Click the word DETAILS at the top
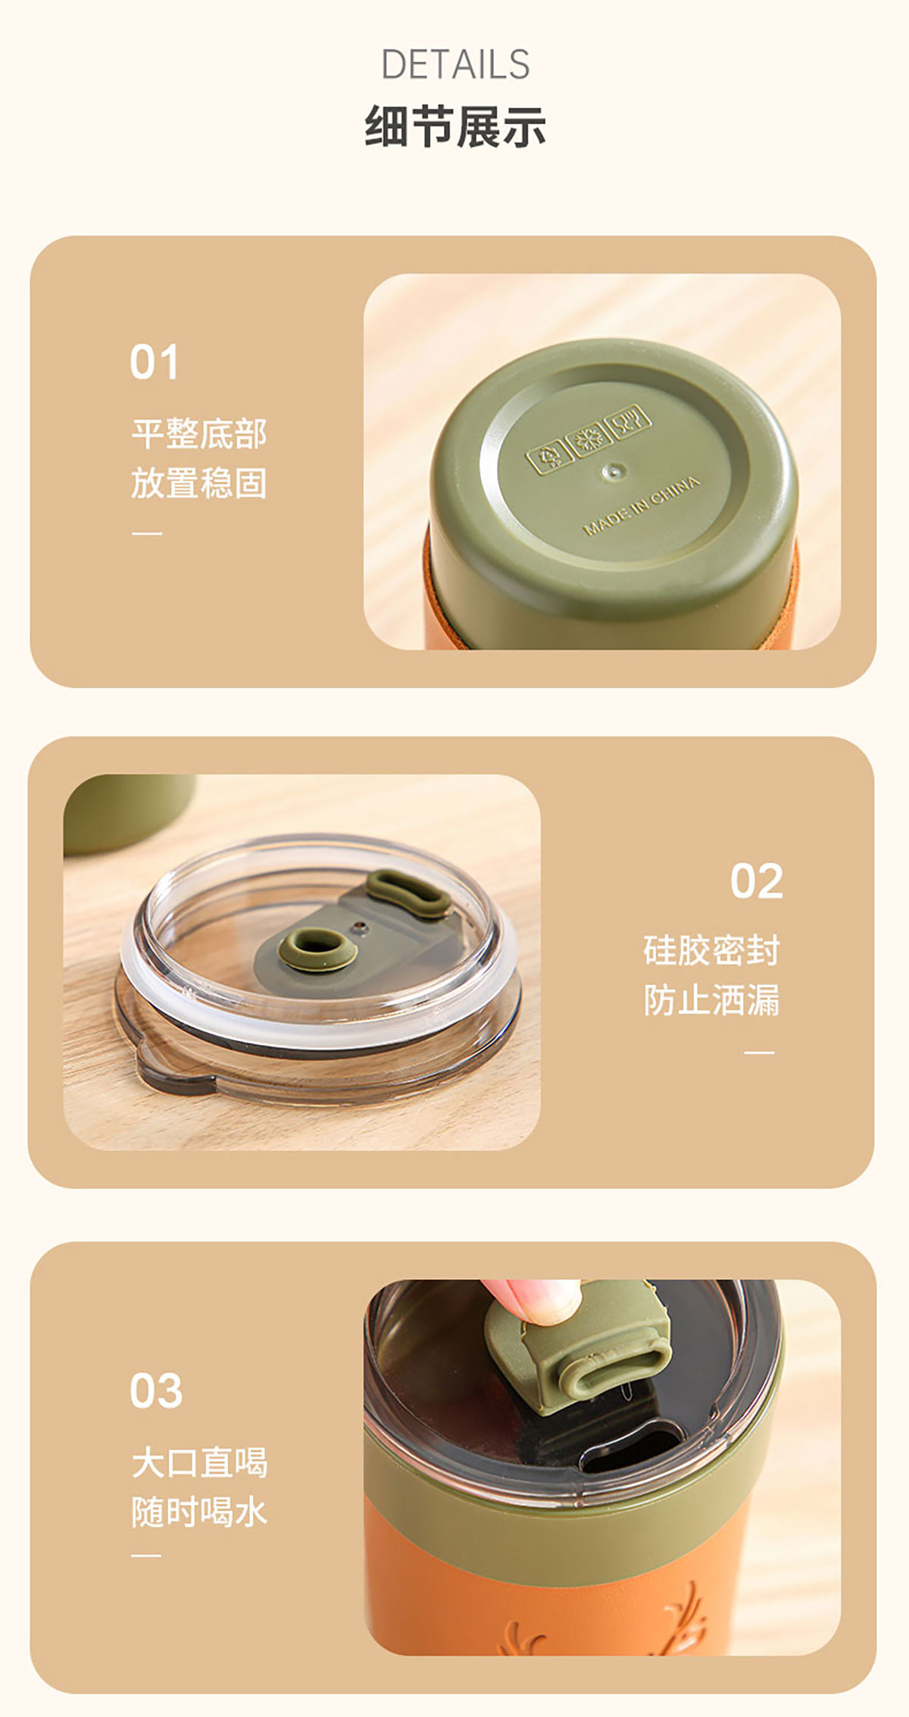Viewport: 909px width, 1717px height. tap(454, 64)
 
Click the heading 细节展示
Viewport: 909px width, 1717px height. tap(454, 126)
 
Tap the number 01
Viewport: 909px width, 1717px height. tap(154, 361)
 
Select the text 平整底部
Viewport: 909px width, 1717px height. tap(199, 433)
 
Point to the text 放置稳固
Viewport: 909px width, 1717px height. tap(199, 483)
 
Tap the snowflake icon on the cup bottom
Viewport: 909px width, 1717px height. tap(589, 439)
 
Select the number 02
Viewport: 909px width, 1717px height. tap(756, 880)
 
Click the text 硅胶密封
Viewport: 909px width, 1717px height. tap(711, 950)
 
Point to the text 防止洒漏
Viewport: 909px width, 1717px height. tap(711, 1000)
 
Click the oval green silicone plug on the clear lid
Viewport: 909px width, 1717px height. tap(409, 893)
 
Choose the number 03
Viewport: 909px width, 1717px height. tap(155, 1390)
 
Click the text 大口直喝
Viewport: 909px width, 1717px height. tap(199, 1462)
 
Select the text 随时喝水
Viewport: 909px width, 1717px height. tap(199, 1512)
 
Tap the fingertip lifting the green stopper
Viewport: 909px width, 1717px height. tap(530, 1300)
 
